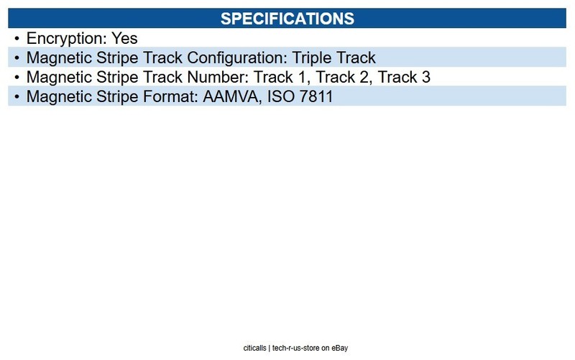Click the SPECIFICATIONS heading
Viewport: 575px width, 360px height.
287,19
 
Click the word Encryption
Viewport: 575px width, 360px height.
67,39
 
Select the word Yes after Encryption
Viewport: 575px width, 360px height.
124,38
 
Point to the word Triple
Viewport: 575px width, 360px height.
312,58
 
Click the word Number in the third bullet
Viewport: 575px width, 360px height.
218,77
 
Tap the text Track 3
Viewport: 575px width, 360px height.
404,77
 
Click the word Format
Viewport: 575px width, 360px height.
170,96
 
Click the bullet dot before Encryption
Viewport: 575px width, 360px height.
17,39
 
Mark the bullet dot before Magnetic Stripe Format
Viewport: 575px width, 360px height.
17,97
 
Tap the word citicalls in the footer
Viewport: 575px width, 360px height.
255,348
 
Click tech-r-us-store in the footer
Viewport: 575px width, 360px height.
296,348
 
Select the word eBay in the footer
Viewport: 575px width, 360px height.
340,349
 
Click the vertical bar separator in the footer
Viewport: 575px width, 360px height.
270,349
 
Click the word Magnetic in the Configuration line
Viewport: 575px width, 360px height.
59,58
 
